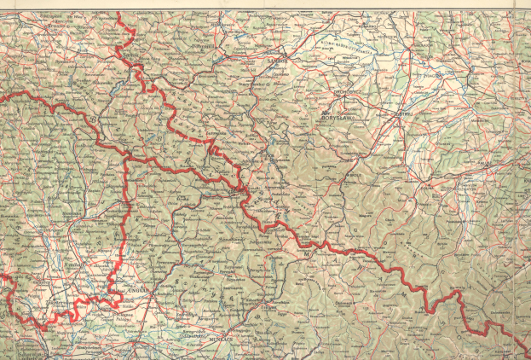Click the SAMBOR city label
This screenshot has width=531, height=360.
[x=275, y=61]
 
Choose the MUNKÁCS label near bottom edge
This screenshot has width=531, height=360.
[x=223, y=339]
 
